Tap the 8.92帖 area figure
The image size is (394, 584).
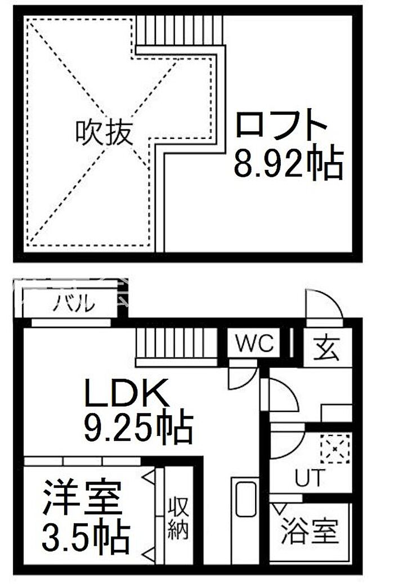point(288,163)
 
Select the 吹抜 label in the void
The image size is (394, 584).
point(104,133)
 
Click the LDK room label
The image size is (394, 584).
point(127,394)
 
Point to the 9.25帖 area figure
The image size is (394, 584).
point(138,428)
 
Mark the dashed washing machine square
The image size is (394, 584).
point(335,449)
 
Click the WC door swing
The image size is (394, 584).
point(241,376)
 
